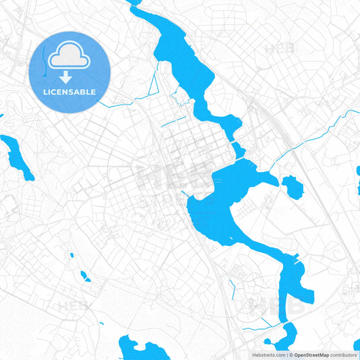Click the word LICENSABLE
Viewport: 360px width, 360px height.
click(x=70, y=92)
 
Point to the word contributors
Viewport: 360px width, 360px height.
click(x=344, y=355)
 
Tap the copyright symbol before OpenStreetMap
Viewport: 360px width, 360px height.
click(x=289, y=355)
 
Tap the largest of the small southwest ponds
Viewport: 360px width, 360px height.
click(x=84, y=276)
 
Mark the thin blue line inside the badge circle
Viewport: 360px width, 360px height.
click(x=49, y=64)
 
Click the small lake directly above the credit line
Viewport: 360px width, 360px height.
click(x=284, y=335)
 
